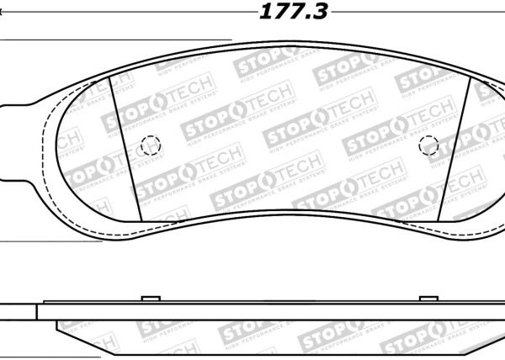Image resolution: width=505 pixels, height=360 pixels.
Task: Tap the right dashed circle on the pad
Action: pyautogui.click(x=428, y=144)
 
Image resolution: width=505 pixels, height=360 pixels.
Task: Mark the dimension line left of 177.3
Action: pyautogui.click(x=126, y=13)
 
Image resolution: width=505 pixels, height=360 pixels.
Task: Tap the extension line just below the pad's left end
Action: pyautogui.click(x=50, y=241)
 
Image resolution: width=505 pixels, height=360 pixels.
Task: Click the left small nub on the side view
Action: pyautogui.click(x=150, y=299)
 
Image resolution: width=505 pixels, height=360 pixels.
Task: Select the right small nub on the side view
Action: pyautogui.click(x=428, y=299)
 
